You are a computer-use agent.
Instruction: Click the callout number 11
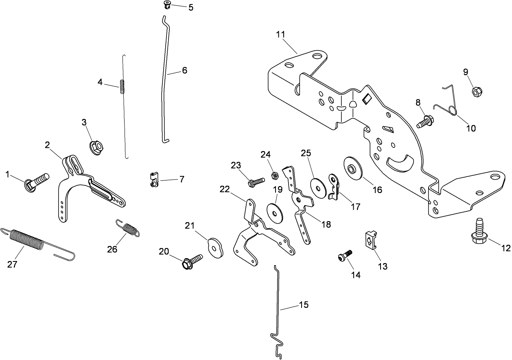(x=281, y=34)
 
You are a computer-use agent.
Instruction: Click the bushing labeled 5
(x=166, y=5)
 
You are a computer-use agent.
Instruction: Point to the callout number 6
(x=184, y=70)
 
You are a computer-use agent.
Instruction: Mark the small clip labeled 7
(x=152, y=179)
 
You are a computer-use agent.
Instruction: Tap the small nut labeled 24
(x=274, y=175)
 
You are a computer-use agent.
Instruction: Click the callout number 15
(x=304, y=305)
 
